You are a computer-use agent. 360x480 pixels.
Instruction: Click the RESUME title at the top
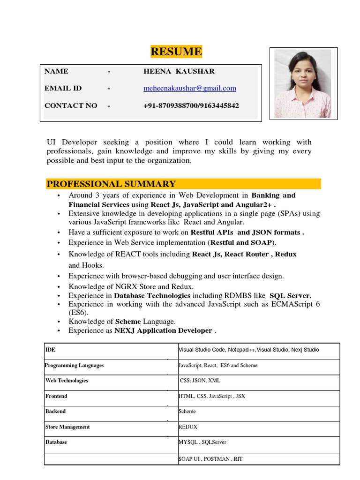tap(176, 52)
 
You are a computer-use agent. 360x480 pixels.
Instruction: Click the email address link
tap(190, 88)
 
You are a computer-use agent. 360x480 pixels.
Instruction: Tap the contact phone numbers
tap(191, 105)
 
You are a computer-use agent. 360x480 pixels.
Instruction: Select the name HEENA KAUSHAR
tap(179, 71)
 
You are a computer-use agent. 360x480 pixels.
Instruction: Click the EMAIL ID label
tap(63, 88)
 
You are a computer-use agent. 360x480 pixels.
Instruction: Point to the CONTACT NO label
tap(71, 105)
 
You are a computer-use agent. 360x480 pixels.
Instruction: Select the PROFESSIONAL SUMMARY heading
tap(111, 184)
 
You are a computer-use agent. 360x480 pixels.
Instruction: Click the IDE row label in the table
tap(50, 350)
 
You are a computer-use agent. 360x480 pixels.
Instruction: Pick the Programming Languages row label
tap(75, 365)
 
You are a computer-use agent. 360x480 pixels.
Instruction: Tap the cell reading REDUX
tap(188, 427)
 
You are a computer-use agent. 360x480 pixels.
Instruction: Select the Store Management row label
tap(67, 427)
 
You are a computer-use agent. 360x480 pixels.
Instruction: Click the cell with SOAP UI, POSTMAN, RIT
tap(210, 459)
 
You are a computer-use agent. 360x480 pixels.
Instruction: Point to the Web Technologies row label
tap(67, 381)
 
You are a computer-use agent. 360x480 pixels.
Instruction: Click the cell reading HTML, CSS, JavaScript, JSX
tap(212, 396)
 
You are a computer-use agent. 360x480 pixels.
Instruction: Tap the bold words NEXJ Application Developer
tap(163, 330)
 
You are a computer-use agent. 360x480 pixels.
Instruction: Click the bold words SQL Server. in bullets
tap(290, 295)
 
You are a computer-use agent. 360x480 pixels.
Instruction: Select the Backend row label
tap(55, 411)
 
